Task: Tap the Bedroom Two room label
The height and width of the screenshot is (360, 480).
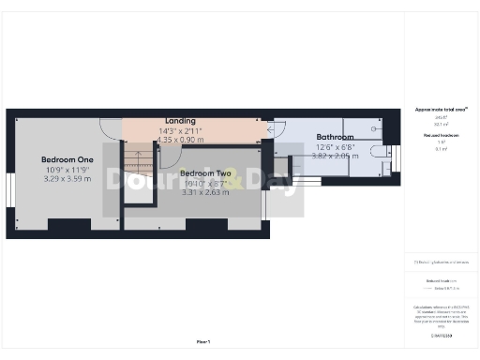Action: pos(205,173)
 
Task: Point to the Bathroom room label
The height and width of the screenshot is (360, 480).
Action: pos(334,137)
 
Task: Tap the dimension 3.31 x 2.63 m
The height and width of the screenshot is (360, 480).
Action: pos(205,192)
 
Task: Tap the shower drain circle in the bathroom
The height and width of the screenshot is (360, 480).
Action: pos(375,125)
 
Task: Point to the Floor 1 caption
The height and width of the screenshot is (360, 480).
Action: pos(203,341)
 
